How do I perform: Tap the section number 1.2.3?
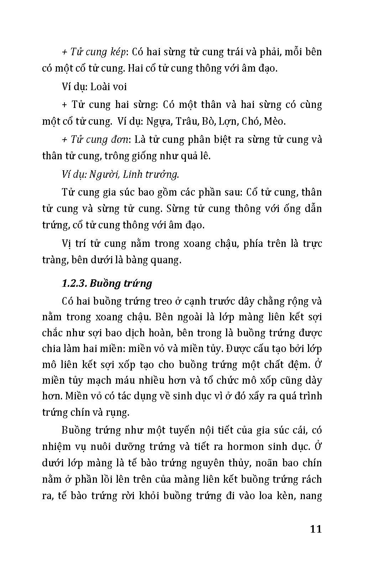(x=74, y=284)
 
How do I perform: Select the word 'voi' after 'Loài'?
(x=119, y=87)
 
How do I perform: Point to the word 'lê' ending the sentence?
(x=205, y=156)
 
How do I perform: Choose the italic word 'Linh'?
(x=130, y=175)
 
